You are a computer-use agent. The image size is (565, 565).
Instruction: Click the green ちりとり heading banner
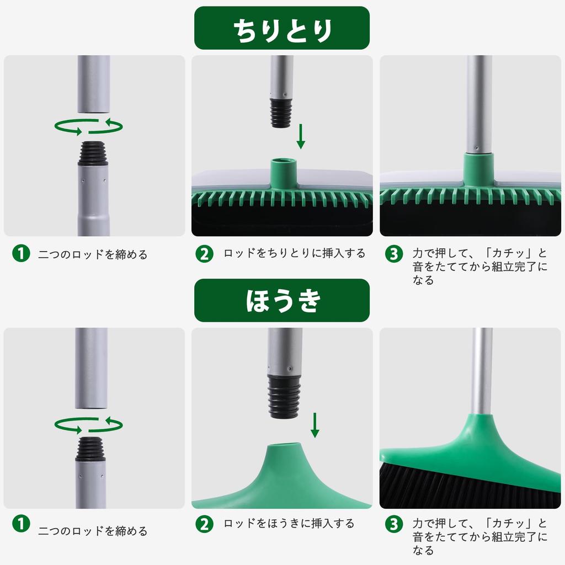click(x=282, y=28)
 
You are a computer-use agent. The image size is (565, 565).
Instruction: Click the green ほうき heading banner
click(x=282, y=300)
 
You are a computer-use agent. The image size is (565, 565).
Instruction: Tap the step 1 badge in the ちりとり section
click(x=20, y=254)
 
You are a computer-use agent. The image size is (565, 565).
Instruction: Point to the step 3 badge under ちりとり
click(x=393, y=254)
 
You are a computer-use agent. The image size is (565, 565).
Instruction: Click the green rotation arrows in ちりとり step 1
click(x=88, y=127)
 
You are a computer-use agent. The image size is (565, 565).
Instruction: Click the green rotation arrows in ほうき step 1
click(x=88, y=425)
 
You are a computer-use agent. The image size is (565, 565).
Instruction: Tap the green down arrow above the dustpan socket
click(x=301, y=136)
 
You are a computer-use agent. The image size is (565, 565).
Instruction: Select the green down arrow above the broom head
click(x=315, y=425)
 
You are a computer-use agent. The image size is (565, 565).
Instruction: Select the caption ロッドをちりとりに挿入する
click(x=294, y=254)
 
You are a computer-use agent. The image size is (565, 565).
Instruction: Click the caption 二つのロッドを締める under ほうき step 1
click(x=93, y=531)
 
